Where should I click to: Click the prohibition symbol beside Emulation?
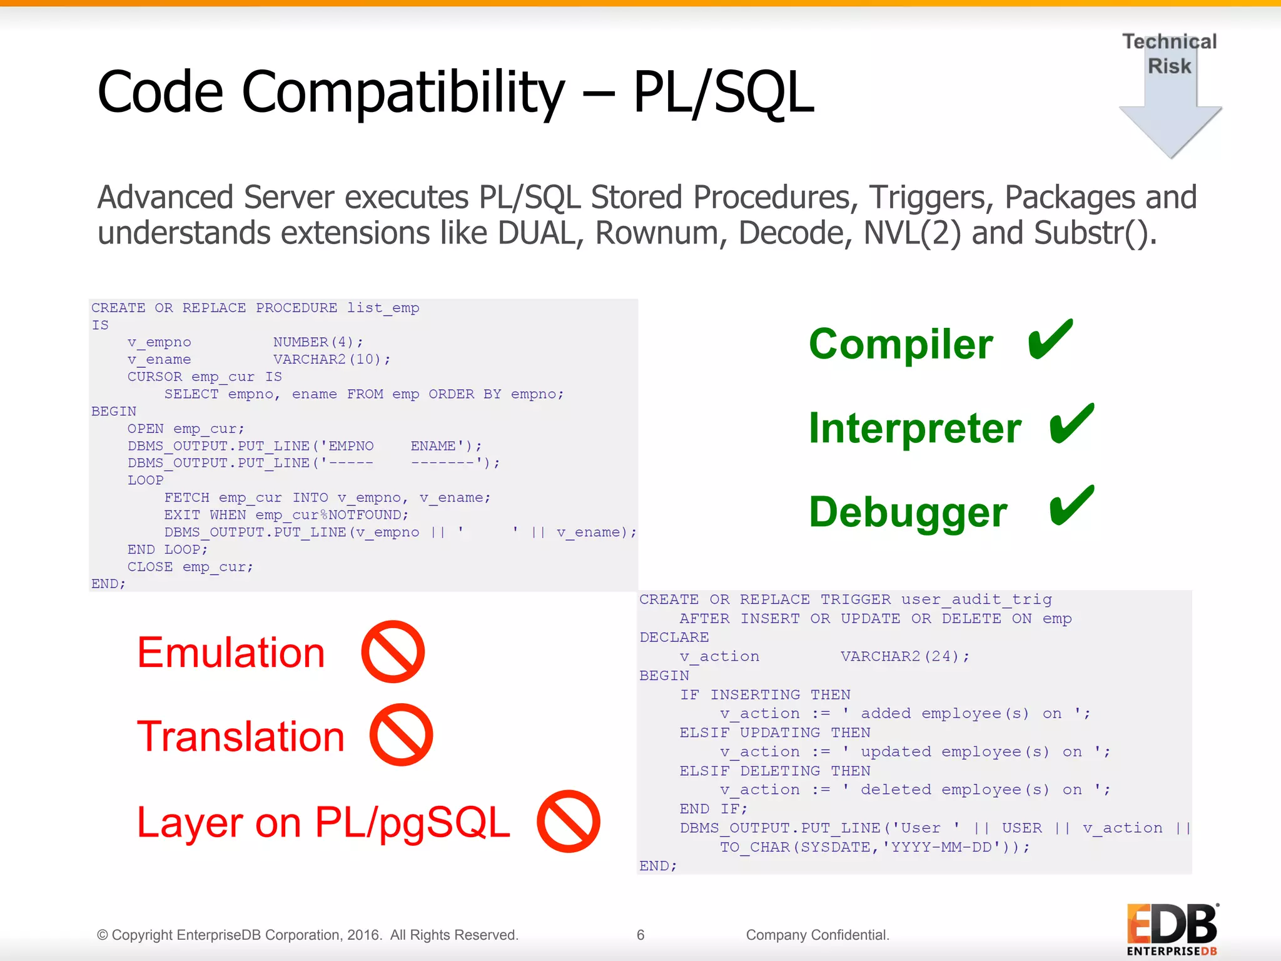[x=393, y=651]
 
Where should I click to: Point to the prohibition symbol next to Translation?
[x=401, y=735]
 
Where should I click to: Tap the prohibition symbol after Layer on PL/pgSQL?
[x=568, y=821]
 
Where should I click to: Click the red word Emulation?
[x=231, y=653]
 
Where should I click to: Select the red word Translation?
[x=241, y=736]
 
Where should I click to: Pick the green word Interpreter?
[x=914, y=429]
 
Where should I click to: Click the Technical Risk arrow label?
[x=1169, y=54]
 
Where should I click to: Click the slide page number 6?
[x=640, y=935]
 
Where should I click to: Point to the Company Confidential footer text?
[x=817, y=935]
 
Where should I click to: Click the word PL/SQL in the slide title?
[x=723, y=93]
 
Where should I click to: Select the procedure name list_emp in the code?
[x=383, y=308]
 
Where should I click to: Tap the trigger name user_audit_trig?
[x=976, y=599]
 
